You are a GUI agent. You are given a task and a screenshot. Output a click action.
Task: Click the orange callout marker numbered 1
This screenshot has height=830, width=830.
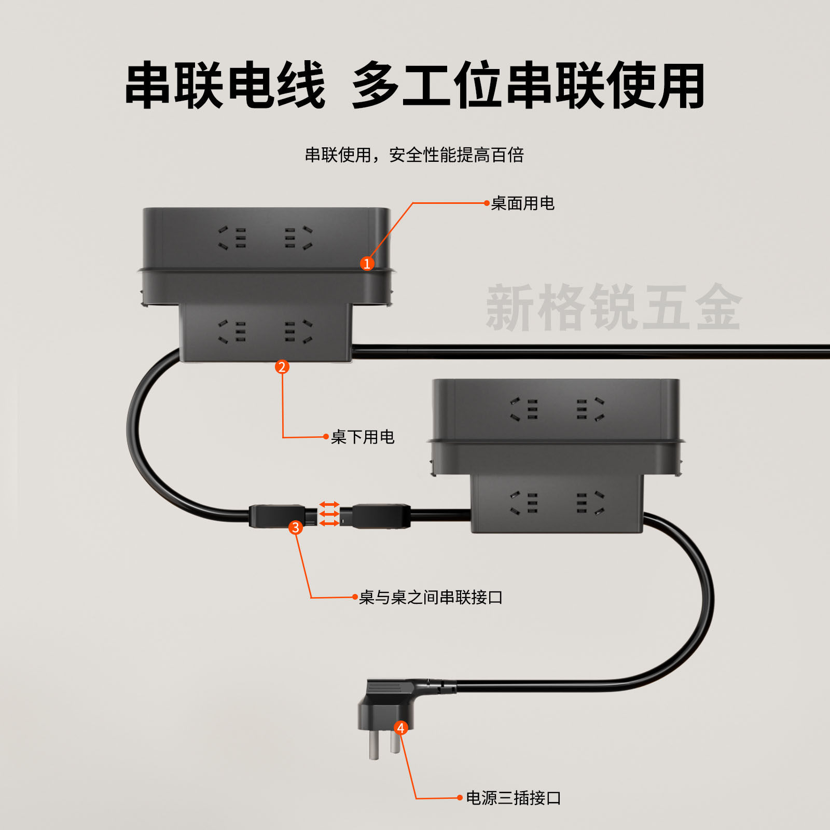[x=367, y=264]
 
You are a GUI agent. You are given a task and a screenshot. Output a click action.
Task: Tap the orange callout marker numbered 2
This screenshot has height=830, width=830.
[x=282, y=367]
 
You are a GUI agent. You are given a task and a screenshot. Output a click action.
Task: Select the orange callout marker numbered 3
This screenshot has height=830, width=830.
[x=296, y=528]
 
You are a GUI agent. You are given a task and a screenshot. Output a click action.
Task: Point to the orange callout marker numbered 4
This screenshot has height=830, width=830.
[x=400, y=728]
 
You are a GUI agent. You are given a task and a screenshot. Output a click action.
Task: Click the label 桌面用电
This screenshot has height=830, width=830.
[x=522, y=203]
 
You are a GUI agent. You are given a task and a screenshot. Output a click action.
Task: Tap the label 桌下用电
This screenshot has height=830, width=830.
[x=363, y=437]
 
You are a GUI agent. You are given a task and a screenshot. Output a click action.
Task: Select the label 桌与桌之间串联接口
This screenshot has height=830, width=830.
[x=431, y=598]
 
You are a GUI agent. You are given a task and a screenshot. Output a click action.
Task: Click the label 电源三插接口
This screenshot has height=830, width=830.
[x=513, y=798]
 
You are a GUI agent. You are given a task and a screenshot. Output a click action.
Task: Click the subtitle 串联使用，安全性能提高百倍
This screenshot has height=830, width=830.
[x=414, y=155]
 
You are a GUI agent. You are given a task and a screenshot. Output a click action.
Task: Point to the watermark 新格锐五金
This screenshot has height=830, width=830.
[x=614, y=307]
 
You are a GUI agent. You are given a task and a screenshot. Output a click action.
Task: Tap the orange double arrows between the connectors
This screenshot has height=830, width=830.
[x=329, y=514]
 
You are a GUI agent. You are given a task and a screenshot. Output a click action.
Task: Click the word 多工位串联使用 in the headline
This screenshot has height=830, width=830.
[x=528, y=86]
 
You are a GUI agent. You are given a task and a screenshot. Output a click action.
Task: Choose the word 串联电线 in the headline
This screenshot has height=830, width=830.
[x=225, y=86]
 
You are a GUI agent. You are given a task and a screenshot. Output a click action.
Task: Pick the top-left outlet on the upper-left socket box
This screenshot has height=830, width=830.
[x=232, y=238]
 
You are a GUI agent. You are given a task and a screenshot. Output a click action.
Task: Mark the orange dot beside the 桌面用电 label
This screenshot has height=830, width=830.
[x=487, y=203]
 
